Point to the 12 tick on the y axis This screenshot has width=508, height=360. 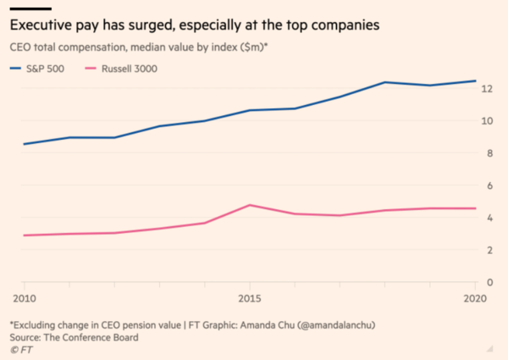(x=487, y=88)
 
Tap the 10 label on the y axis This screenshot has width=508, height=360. (x=487, y=120)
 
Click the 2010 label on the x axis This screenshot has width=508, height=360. (x=25, y=298)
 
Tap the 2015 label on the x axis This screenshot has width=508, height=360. (x=250, y=298)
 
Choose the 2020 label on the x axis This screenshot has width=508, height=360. (x=474, y=298)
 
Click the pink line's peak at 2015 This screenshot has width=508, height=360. (x=250, y=205)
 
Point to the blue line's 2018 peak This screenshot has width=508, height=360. (x=385, y=82)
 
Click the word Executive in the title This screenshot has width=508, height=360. (x=41, y=27)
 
